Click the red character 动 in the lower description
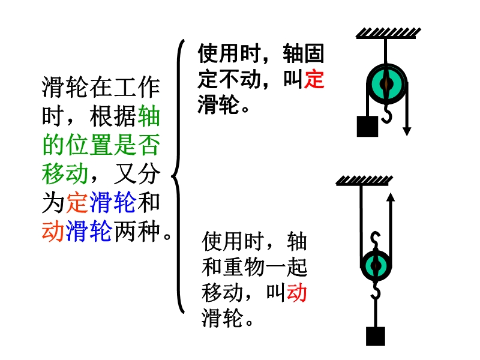coord(296,293)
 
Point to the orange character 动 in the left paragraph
coord(53,231)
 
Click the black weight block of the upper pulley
coord(367,126)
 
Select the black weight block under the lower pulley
coord(376,336)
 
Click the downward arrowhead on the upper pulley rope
coord(406,130)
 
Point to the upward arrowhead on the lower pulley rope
coord(390,197)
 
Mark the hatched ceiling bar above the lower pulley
coord(363,180)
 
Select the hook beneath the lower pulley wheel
coord(376,290)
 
